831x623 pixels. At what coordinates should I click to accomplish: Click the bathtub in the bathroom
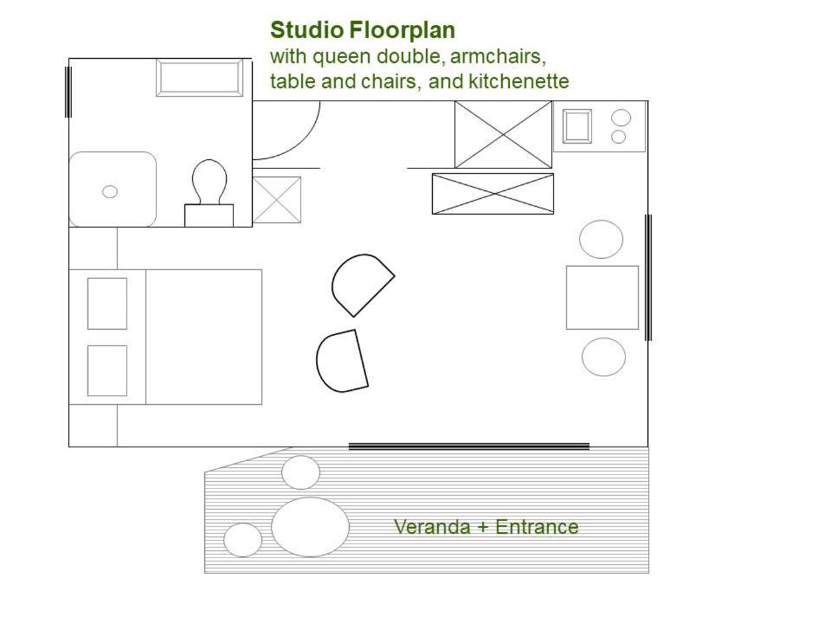click(x=199, y=78)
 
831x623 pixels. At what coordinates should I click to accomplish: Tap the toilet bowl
click(x=209, y=181)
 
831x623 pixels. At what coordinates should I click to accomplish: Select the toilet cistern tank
click(x=209, y=215)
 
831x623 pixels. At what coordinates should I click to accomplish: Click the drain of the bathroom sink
click(x=110, y=191)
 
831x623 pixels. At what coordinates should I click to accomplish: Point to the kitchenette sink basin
click(x=577, y=126)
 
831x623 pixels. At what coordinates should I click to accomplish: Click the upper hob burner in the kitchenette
click(x=622, y=118)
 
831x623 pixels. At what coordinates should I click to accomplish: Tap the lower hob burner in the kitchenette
click(x=618, y=137)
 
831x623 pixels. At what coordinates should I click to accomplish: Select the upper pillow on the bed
click(x=107, y=304)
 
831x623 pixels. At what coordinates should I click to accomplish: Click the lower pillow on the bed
click(x=107, y=371)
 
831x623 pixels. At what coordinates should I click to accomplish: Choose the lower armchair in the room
click(x=342, y=362)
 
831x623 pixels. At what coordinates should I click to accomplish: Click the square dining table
click(x=602, y=298)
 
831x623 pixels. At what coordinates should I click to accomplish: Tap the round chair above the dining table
click(x=601, y=239)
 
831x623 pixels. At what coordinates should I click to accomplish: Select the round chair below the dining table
click(x=603, y=357)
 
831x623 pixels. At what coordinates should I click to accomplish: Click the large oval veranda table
click(x=310, y=527)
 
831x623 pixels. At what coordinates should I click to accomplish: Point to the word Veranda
click(x=433, y=527)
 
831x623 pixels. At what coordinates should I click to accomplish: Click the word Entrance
click(x=537, y=527)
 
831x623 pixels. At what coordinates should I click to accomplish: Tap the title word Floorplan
click(x=402, y=31)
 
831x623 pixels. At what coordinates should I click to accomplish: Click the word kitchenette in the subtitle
click(x=519, y=81)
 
